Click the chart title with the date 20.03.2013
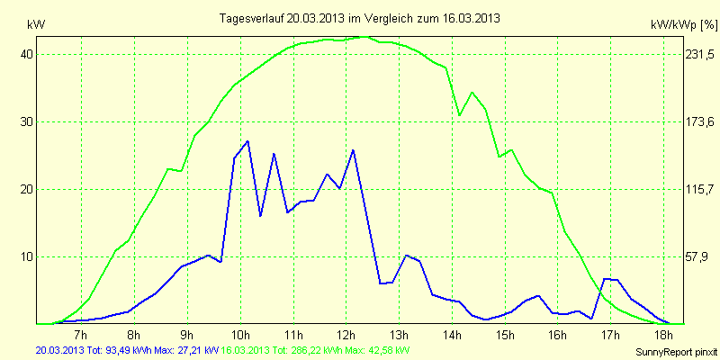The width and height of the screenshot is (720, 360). pyautogui.click(x=360, y=17)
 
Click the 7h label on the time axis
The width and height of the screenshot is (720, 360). pyautogui.click(x=82, y=336)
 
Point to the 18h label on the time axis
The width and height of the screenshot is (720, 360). pyautogui.click(x=664, y=336)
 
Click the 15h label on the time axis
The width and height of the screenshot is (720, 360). pyautogui.click(x=506, y=336)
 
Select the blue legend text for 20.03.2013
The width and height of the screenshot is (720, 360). pyautogui.click(x=127, y=349)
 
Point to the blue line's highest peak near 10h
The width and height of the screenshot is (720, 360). pyautogui.click(x=247, y=140)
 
